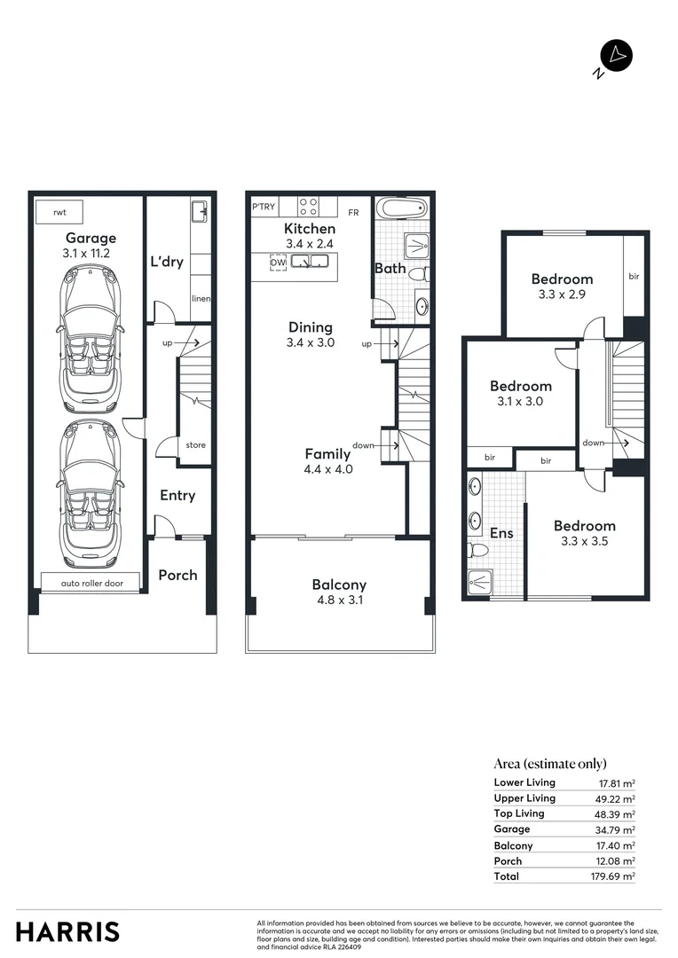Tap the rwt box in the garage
(x=59, y=213)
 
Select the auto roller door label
(x=90, y=583)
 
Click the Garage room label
(x=91, y=238)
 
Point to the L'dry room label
(x=166, y=262)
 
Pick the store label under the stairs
(x=196, y=444)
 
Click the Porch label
(x=177, y=575)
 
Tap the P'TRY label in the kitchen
(x=264, y=208)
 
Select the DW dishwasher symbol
(x=277, y=263)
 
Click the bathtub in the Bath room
(x=402, y=209)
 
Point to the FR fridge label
(x=353, y=213)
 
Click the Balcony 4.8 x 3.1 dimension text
(x=339, y=601)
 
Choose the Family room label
(x=327, y=453)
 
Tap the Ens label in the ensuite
(x=501, y=533)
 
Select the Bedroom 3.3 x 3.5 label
(x=584, y=525)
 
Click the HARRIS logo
(x=67, y=932)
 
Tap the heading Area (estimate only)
(x=550, y=763)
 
